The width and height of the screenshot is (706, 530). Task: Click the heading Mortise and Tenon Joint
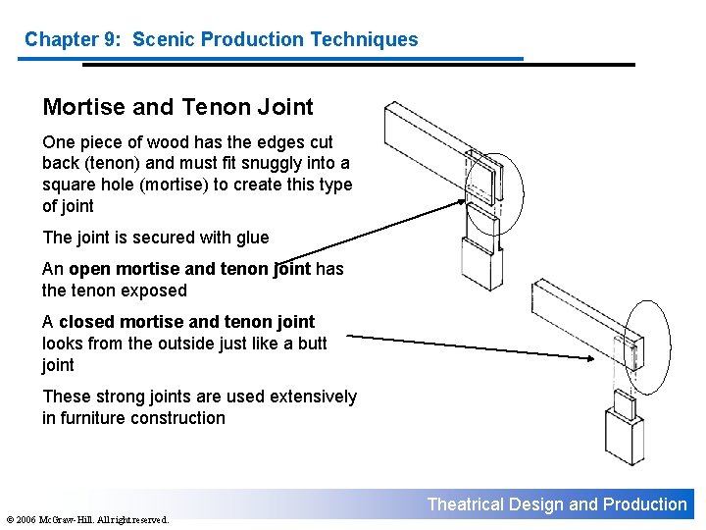tap(177, 106)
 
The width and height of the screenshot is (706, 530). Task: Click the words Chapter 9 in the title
tap(66, 40)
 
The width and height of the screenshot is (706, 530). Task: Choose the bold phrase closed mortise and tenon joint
tap(187, 322)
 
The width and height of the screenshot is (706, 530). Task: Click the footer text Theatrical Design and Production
tap(557, 504)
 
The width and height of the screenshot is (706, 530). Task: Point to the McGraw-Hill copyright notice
tap(85, 519)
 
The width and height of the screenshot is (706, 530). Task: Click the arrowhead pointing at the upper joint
tap(464, 204)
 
